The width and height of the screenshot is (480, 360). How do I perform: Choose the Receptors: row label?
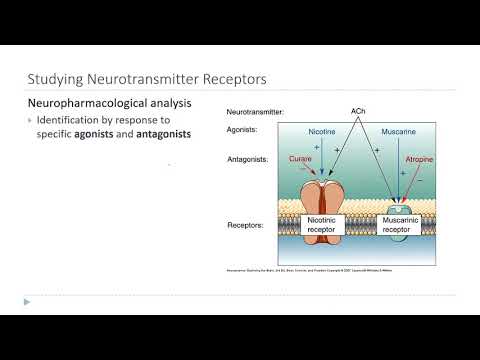point(246,225)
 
